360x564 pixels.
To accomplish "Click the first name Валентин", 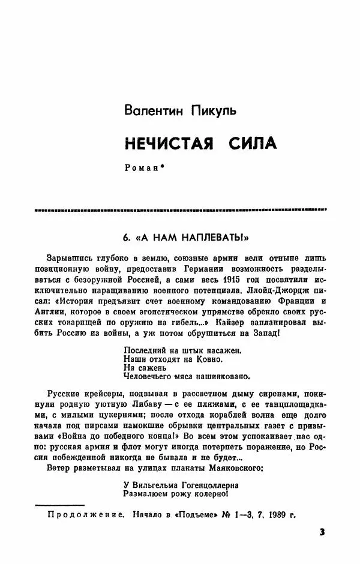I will point(147,110).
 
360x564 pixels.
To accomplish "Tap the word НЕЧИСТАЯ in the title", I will point(164,144).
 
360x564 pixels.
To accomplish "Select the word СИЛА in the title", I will point(253,144).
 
